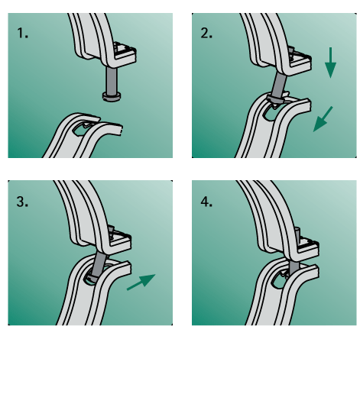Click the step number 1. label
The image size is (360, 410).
(x=22, y=34)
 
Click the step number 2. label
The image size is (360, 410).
(x=206, y=34)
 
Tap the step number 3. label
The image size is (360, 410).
(x=22, y=202)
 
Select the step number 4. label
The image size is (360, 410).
(x=206, y=202)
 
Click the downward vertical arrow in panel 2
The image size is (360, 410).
(x=330, y=63)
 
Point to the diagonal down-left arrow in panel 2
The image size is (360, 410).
(x=323, y=119)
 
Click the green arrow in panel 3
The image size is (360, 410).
(x=141, y=282)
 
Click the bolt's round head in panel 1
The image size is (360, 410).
(x=112, y=96)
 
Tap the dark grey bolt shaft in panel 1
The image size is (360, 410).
(x=112, y=80)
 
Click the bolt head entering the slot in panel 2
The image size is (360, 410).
(x=276, y=101)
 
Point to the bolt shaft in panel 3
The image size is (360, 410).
(x=99, y=265)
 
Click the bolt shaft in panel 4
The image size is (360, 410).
(x=294, y=267)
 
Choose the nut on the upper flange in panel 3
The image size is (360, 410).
(x=111, y=231)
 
